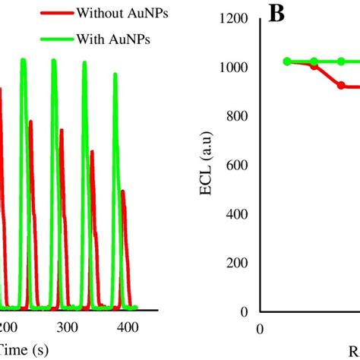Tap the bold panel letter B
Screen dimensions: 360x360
pyautogui.click(x=277, y=15)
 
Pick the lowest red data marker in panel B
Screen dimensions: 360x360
pyautogui.click(x=341, y=86)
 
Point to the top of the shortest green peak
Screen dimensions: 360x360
pyautogui.click(x=115, y=74)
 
